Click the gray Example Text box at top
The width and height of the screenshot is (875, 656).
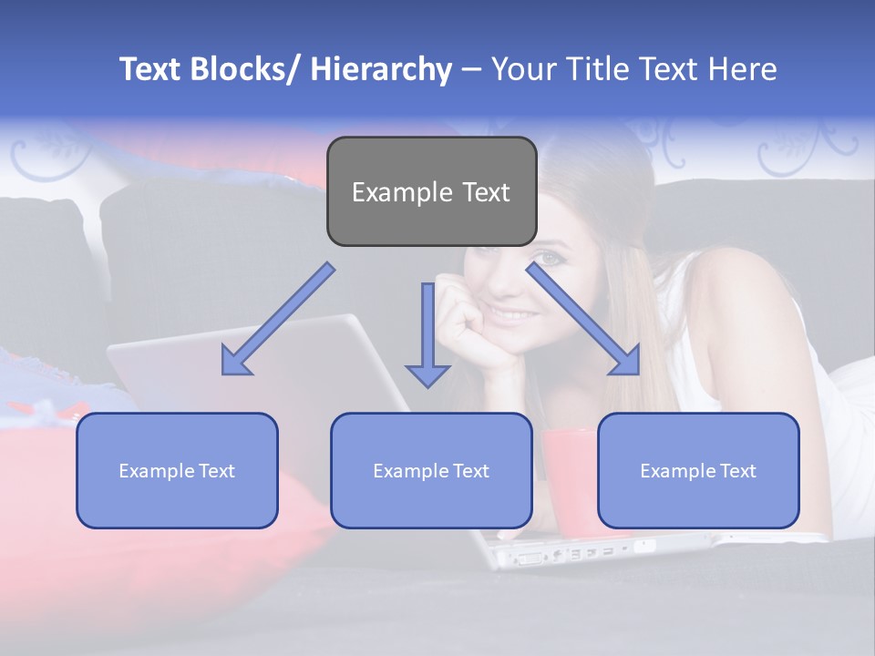431,191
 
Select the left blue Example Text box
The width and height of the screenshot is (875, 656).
177,470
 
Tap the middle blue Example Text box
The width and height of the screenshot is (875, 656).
431,470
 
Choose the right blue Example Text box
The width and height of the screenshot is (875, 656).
698,470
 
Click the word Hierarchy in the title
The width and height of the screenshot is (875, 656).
381,70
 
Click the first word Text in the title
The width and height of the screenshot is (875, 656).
150,70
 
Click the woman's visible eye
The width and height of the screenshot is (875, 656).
548,259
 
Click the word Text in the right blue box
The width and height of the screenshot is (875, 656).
737,470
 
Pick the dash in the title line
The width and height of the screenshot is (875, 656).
471,70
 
